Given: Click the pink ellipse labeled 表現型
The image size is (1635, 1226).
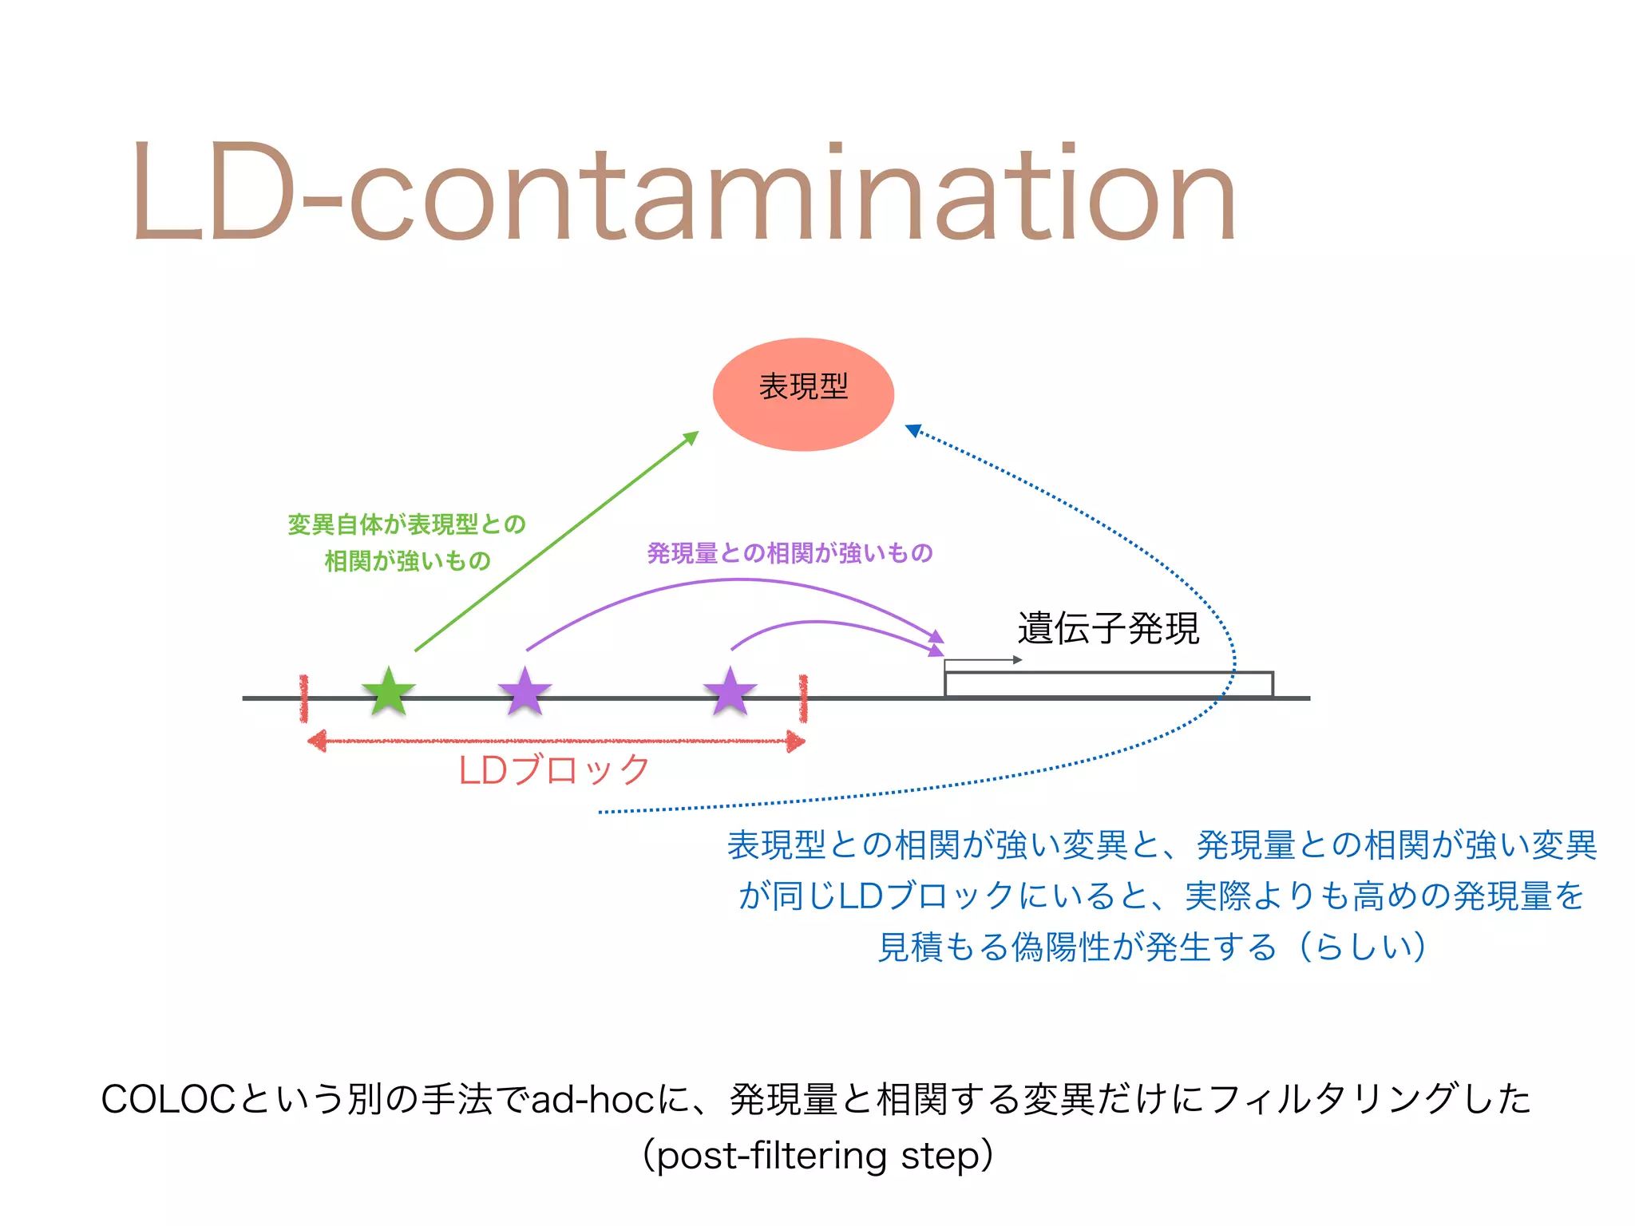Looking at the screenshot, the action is click(x=803, y=394).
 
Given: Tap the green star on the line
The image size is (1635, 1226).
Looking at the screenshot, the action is click(x=389, y=691).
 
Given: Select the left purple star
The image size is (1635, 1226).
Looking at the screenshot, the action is click(x=525, y=691).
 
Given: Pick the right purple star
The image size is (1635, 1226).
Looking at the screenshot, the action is click(x=730, y=691).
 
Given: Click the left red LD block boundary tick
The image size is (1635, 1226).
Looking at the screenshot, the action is click(x=304, y=698).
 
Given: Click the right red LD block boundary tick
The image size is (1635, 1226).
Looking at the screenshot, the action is click(x=803, y=698).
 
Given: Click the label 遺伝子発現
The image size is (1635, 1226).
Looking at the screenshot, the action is click(x=1108, y=628).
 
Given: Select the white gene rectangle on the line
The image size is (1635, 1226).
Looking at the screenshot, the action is click(x=1108, y=685).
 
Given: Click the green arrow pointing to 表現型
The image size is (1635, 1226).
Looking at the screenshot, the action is click(x=556, y=541).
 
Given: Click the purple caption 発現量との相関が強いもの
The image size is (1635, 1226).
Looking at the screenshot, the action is click(x=790, y=553).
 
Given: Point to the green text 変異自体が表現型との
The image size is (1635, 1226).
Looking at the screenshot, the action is click(x=406, y=524).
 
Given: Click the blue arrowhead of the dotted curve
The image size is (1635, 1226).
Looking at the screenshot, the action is click(x=913, y=430).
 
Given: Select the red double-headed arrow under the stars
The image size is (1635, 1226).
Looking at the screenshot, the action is click(x=556, y=742).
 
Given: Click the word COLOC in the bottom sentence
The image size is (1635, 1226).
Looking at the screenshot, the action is click(x=168, y=1100).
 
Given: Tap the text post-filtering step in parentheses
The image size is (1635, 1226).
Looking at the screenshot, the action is click(x=818, y=1156).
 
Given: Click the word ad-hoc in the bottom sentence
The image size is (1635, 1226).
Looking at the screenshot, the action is click(x=592, y=1100).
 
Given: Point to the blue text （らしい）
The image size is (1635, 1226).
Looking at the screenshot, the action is click(x=1362, y=947).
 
